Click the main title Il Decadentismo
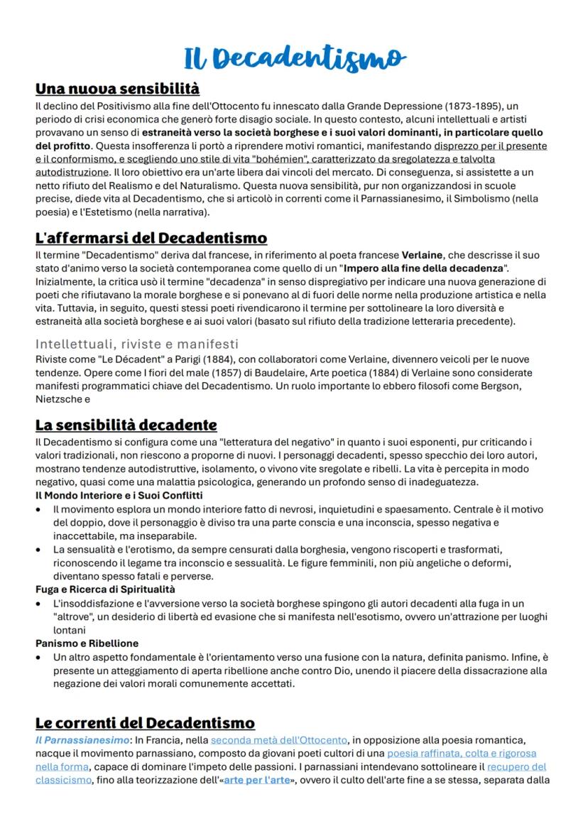click(294, 58)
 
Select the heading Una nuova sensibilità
click(117, 89)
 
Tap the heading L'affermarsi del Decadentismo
click(151, 237)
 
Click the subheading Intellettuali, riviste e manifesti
click(137, 344)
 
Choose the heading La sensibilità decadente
click(126, 425)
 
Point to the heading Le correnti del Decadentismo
click(145, 722)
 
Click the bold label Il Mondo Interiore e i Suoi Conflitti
click(119, 495)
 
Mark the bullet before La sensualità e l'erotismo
click(39, 550)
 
